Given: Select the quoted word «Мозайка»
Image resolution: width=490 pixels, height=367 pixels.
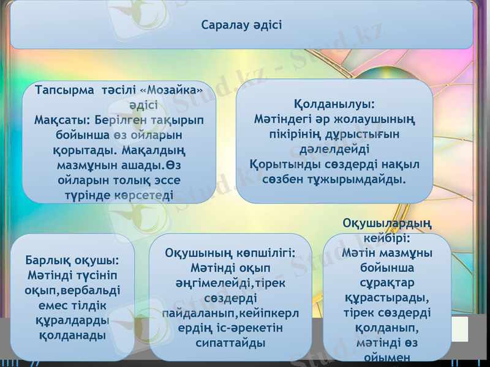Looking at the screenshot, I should (x=171, y=91).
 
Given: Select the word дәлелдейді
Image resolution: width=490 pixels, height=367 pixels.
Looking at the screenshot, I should (x=334, y=149).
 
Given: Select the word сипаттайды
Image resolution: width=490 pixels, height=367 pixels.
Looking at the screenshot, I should (x=230, y=343).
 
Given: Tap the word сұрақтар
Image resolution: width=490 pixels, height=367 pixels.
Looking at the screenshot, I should (x=386, y=283).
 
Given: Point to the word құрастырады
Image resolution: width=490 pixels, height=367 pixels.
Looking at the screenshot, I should (x=386, y=298).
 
